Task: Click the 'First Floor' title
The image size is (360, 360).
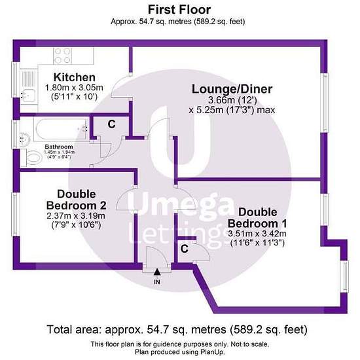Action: click(179, 10)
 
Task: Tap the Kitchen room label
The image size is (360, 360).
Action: click(75, 77)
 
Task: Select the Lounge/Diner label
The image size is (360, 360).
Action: click(232, 89)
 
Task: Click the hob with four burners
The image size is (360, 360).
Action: click(62, 56)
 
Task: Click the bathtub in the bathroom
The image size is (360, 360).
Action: click(61, 129)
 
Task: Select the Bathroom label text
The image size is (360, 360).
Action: click(59, 147)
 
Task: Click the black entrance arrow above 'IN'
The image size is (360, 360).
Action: click(157, 272)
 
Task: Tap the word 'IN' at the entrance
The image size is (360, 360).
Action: click(157, 281)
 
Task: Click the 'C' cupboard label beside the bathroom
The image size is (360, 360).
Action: click(111, 124)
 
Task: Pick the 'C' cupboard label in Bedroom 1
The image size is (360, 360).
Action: click(185, 249)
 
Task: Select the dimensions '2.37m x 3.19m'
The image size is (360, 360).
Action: click(76, 216)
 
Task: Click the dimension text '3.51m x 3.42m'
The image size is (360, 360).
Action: click(257, 234)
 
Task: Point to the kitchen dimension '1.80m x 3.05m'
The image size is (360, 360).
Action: click(74, 88)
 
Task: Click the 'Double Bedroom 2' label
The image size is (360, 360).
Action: click(76, 200)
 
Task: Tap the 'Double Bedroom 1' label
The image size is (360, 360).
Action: click(257, 218)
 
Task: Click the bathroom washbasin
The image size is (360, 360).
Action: click(25, 139)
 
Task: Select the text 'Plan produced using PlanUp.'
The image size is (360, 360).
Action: click(180, 352)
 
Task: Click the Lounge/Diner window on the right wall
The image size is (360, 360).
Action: click(324, 103)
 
